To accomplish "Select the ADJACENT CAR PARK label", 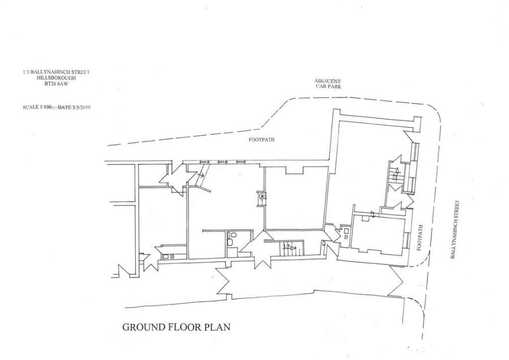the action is pos(329,84).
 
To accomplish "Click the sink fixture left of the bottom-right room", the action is pos(346,232).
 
